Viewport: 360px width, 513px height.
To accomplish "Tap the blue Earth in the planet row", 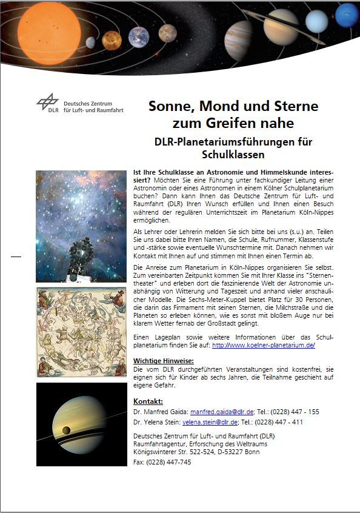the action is coord(139,38).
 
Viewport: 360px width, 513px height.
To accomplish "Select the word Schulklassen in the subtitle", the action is coord(233,155).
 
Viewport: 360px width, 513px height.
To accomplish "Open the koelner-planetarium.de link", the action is coord(264,345).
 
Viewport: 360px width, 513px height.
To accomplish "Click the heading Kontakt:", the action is coord(148,401).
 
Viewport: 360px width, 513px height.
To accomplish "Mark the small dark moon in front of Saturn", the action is coord(65,431).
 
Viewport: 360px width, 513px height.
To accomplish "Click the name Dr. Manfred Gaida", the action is coord(160,412).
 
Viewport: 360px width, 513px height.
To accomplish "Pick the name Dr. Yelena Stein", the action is coord(156,422).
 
